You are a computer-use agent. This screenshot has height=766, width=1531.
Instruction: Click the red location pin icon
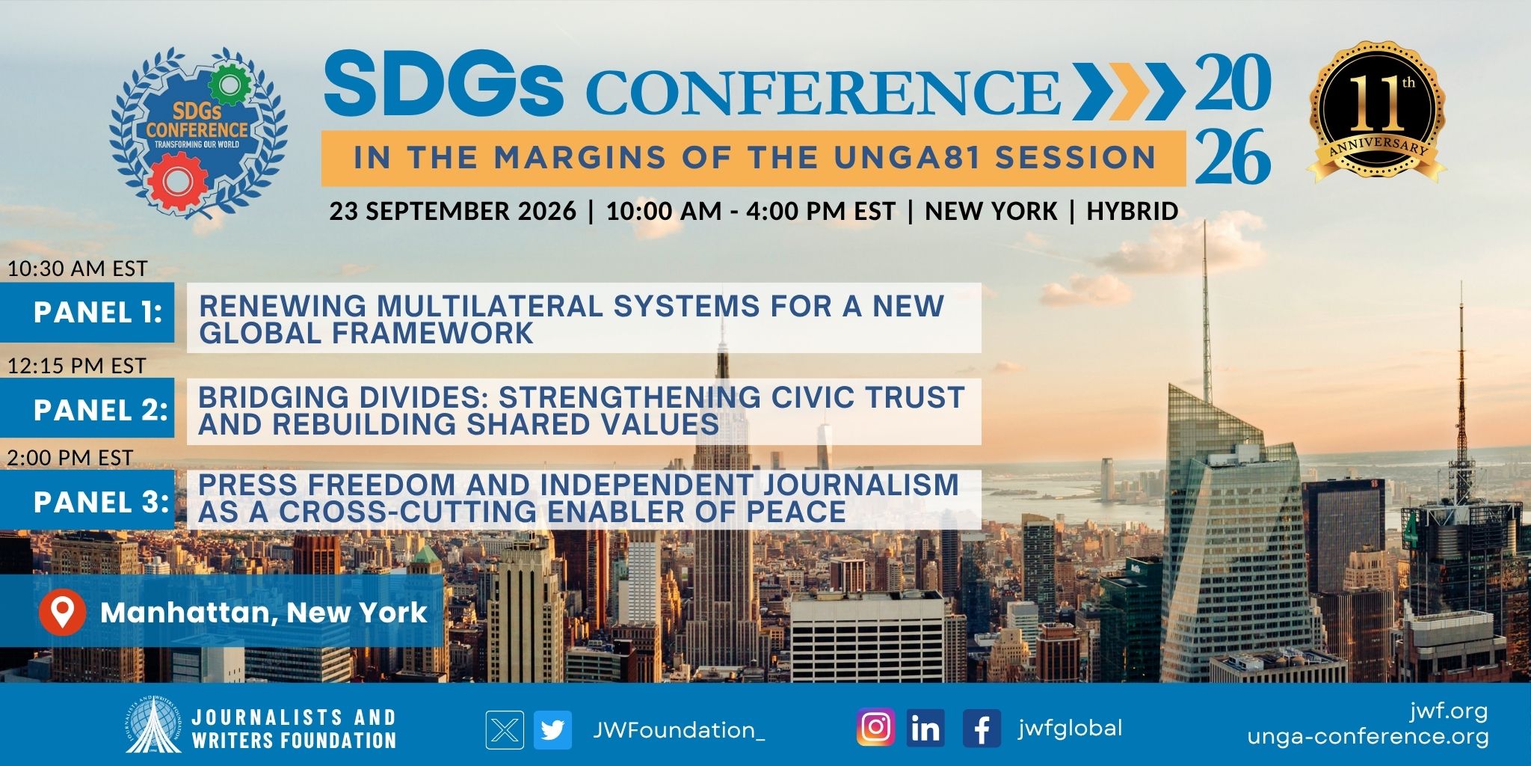(x=63, y=612)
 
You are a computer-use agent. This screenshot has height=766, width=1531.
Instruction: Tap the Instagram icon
(x=875, y=728)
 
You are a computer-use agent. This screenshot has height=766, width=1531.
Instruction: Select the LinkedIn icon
(x=925, y=728)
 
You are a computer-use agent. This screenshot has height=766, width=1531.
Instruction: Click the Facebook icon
(x=982, y=728)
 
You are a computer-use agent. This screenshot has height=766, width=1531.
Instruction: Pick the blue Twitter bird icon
(x=553, y=729)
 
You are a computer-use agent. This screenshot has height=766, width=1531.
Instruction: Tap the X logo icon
(x=505, y=729)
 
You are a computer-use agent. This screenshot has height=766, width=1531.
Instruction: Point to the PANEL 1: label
(x=98, y=312)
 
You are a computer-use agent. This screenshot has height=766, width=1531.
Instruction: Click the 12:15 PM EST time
(x=76, y=366)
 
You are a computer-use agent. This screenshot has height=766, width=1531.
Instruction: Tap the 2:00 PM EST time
(x=70, y=458)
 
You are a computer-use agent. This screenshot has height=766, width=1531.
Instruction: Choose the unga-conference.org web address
(x=1367, y=737)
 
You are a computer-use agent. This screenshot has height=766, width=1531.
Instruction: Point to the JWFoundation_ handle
(x=679, y=730)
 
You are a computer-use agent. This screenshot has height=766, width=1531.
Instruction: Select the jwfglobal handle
(x=1070, y=728)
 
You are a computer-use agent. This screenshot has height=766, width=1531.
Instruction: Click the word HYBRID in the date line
(x=1133, y=211)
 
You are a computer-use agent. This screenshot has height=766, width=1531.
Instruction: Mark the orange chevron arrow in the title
(x=1129, y=91)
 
